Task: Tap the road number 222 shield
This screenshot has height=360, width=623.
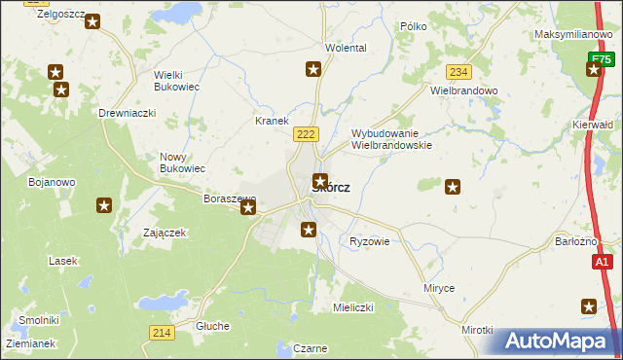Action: (305, 132)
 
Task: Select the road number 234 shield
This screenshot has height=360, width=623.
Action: (459, 72)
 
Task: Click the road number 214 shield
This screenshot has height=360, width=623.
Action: (162, 333)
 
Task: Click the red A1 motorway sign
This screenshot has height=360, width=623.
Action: (603, 262)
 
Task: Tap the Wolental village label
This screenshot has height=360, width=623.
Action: (346, 48)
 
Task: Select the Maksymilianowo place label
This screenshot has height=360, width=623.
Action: (572, 34)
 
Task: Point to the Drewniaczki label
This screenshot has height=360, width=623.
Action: (128, 113)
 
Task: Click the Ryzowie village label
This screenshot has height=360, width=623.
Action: (369, 241)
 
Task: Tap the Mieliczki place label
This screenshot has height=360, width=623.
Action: (353, 307)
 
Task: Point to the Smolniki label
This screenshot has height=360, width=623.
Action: (39, 320)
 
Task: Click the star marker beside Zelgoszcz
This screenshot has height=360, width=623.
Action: (92, 20)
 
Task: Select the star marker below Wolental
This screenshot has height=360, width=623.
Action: (313, 68)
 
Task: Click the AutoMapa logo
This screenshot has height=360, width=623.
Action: (557, 341)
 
